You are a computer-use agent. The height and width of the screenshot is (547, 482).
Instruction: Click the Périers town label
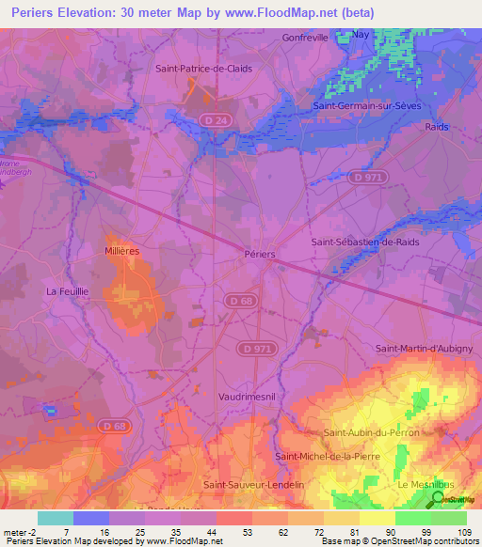click(259, 255)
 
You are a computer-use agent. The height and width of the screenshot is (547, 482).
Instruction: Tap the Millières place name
click(122, 252)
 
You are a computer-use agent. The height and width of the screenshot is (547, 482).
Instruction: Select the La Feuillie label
click(67, 292)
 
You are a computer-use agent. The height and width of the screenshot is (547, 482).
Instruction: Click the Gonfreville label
click(306, 38)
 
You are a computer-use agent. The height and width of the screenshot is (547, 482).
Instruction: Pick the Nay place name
click(361, 34)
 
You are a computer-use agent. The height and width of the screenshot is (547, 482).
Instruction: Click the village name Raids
click(437, 126)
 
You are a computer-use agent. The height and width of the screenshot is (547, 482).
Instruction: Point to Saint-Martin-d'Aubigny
click(424, 349)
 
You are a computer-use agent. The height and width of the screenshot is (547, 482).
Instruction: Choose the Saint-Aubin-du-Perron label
click(371, 432)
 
